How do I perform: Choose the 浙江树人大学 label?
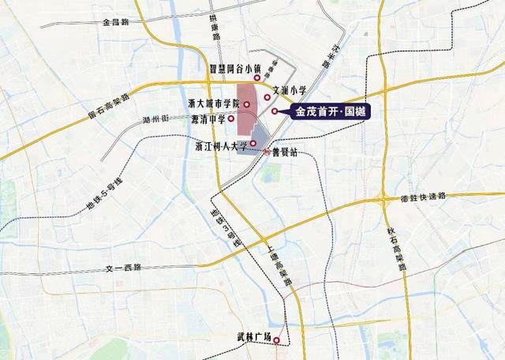(x=221, y=145)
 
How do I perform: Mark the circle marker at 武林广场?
(x=277, y=338)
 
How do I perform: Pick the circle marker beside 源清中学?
(x=231, y=119)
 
